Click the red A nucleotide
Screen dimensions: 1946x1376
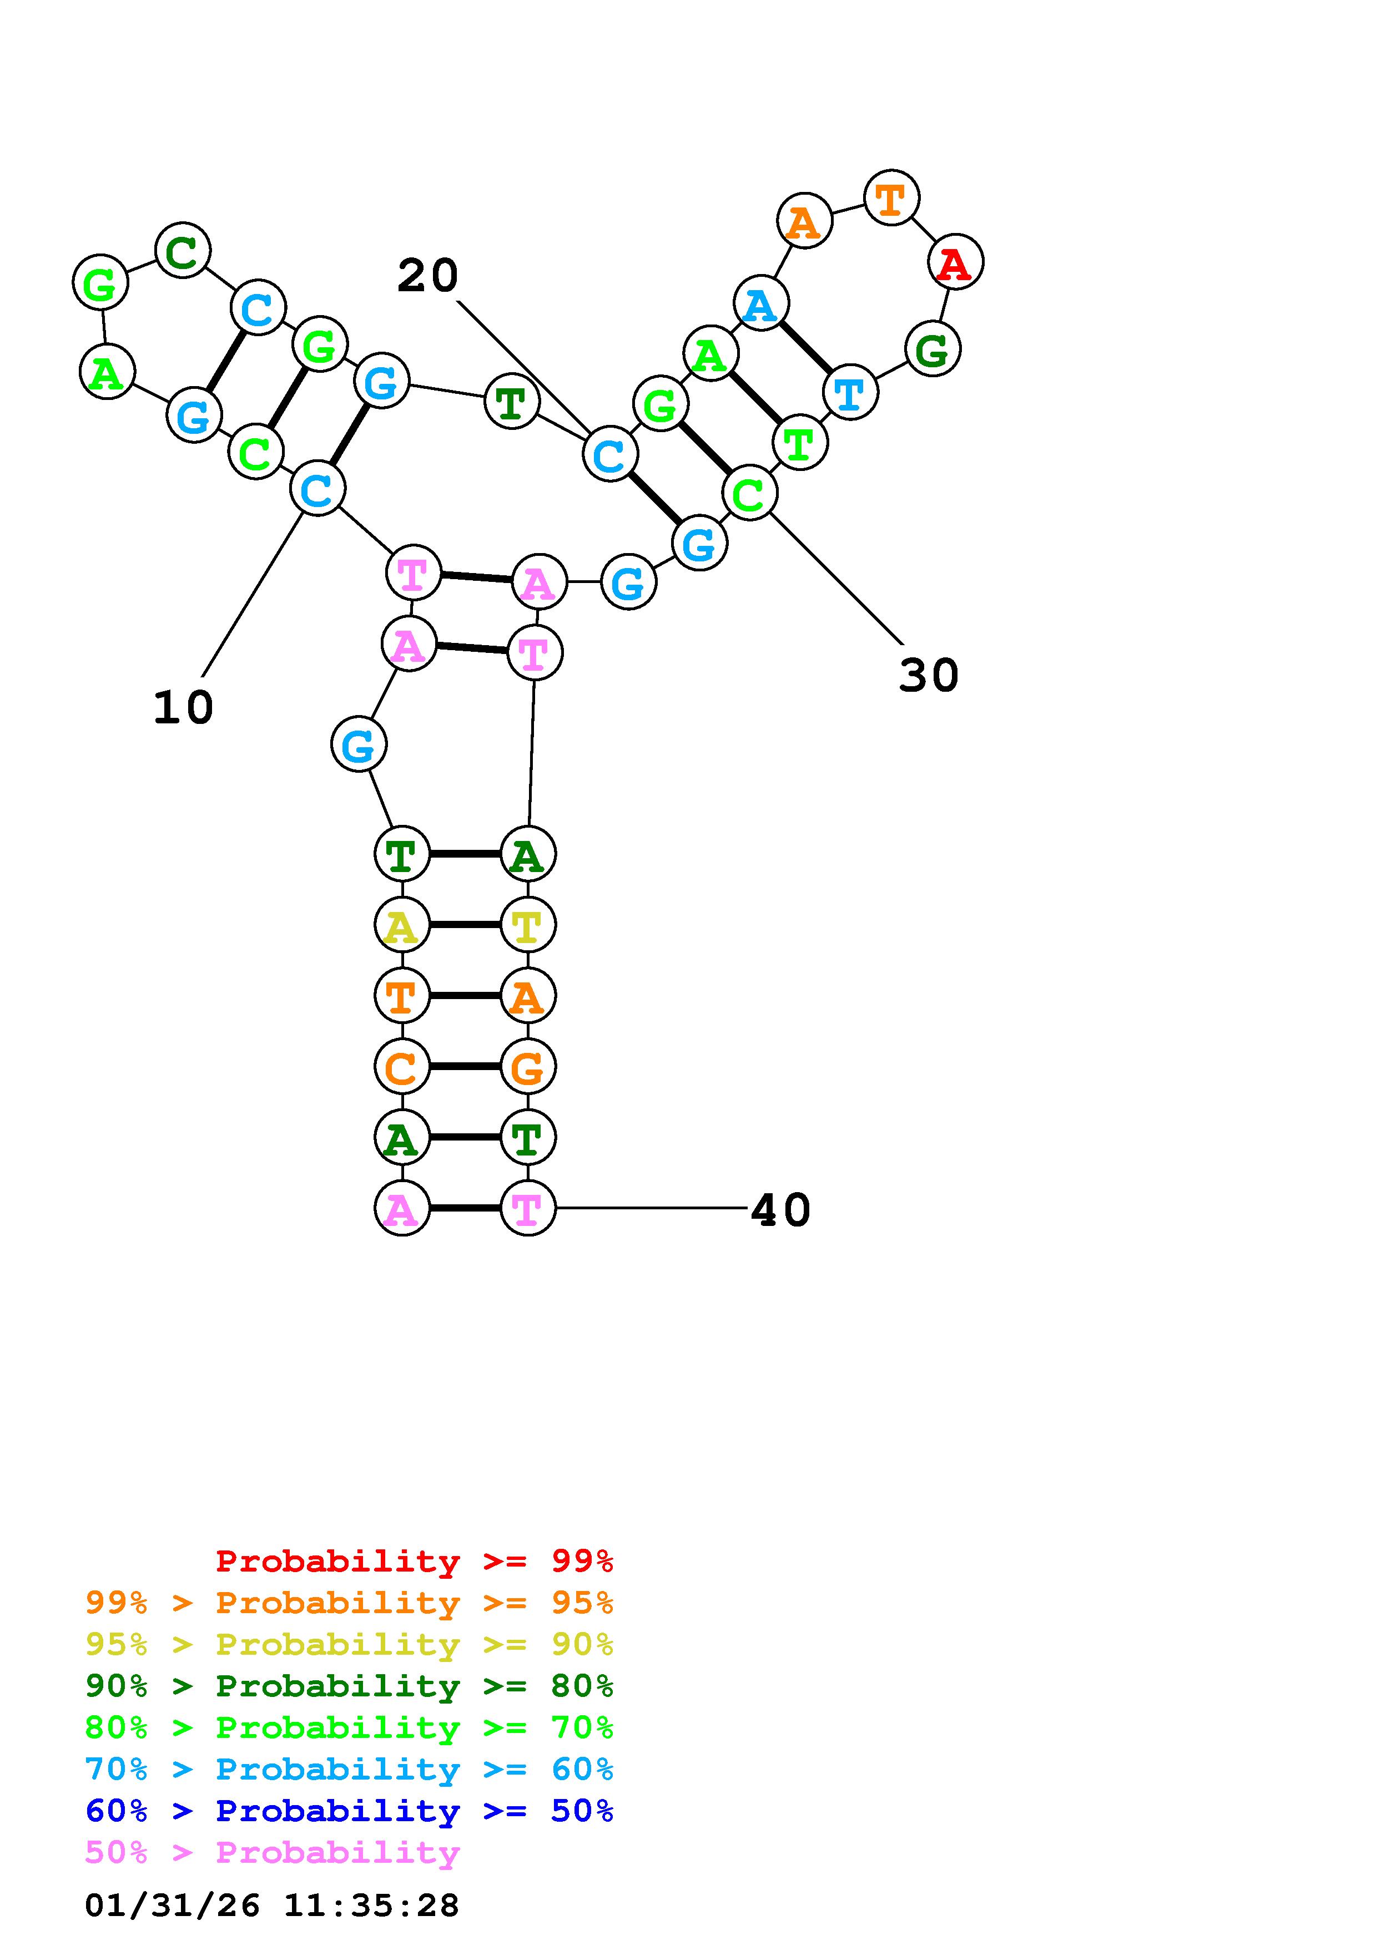pos(955,263)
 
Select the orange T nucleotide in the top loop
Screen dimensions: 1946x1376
pos(891,199)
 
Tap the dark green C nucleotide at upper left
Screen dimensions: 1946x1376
pos(182,250)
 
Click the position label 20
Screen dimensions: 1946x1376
pos(427,276)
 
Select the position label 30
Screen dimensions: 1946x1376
pos(929,676)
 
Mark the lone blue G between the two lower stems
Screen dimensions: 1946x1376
pos(359,745)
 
